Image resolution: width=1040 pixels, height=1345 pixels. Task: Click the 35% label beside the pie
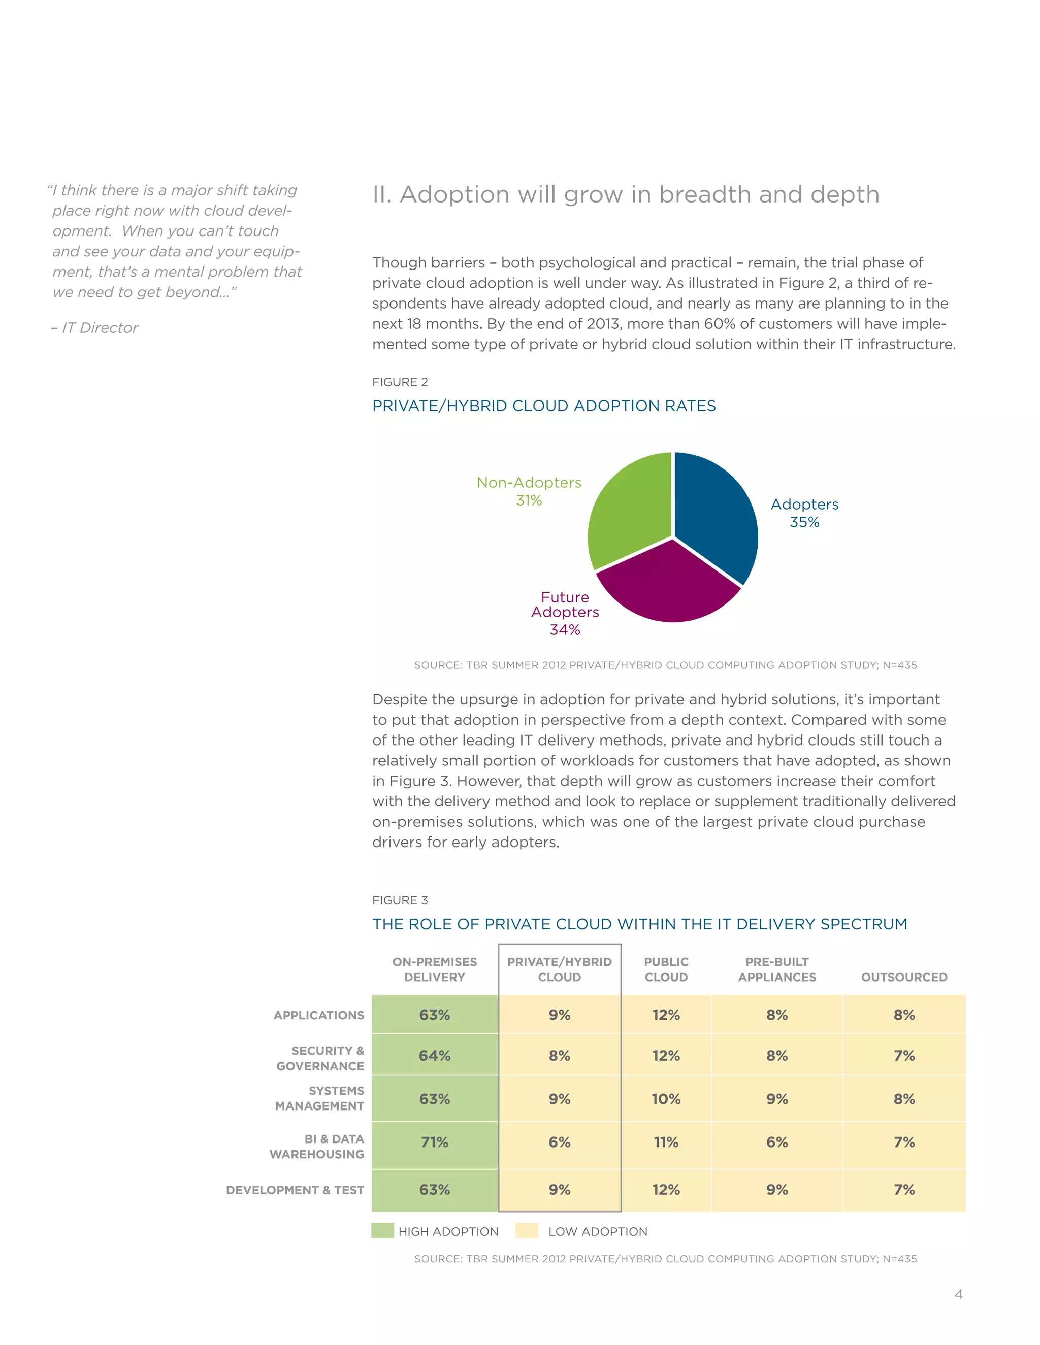804,522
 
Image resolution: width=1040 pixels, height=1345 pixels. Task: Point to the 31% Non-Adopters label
529,500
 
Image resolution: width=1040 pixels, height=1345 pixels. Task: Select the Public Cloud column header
666,969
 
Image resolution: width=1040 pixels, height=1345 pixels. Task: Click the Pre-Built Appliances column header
777,969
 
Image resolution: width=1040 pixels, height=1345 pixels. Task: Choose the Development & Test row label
295,1190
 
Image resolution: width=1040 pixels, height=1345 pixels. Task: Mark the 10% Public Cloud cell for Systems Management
666,1099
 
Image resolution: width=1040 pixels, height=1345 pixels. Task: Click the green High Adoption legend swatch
382,1230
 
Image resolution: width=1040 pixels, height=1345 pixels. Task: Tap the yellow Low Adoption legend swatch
527,1230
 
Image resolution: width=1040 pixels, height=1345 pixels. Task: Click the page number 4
958,1294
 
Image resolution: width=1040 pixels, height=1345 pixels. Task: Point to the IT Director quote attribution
95,328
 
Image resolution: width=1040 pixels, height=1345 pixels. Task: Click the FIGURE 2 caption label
400,382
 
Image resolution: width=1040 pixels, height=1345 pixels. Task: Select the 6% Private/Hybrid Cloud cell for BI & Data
560,1142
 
